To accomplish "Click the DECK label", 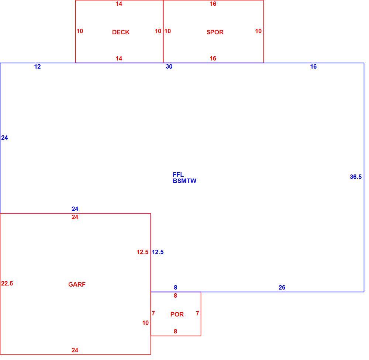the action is click(121, 32).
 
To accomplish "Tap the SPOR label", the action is click(215, 32).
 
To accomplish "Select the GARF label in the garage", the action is click(77, 284).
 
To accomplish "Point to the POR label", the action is click(177, 314).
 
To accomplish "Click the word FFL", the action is click(178, 174).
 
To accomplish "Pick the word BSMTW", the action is click(184, 181).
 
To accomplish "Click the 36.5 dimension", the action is click(356, 177).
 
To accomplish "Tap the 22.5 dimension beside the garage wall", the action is click(7, 284).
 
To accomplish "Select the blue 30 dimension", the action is click(169, 67).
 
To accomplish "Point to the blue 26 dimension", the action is click(282, 288).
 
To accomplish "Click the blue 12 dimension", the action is click(37, 67).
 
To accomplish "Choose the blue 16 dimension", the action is click(313, 67).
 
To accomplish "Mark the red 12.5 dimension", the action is click(142, 252).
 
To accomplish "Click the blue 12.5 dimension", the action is click(158, 252).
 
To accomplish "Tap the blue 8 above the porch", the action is click(176, 288).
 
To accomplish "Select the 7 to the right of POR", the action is click(198, 314).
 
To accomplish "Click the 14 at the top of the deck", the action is click(119, 4).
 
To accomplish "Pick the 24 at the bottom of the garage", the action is click(75, 350).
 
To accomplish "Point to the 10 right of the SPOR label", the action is click(258, 31).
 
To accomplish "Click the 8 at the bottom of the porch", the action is click(176, 332).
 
